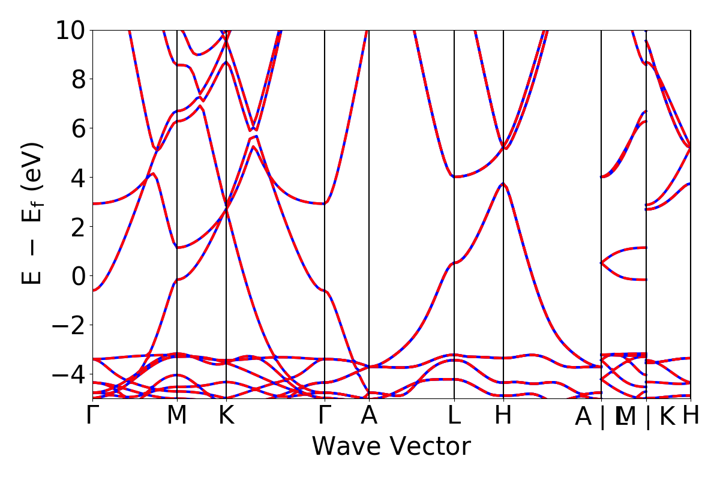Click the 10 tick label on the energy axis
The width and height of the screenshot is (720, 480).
71,31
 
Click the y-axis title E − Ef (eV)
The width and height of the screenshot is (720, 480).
34,213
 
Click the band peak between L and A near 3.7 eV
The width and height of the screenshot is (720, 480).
503,184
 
